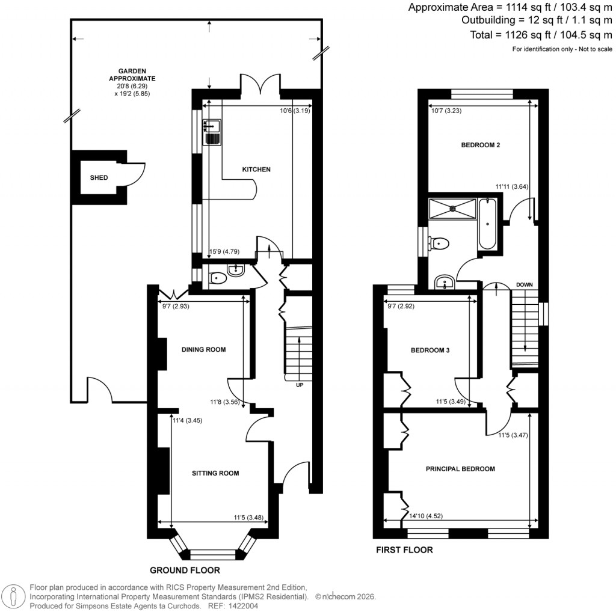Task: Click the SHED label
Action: [99, 178]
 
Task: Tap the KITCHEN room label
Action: [256, 170]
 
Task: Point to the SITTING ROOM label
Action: [215, 473]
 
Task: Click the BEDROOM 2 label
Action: [481, 145]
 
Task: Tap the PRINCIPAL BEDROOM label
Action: [460, 468]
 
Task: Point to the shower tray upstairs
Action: [452, 208]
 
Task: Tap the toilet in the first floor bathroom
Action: [439, 243]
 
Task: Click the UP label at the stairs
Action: [299, 385]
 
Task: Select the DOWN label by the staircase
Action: [523, 284]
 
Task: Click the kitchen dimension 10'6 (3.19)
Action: [294, 110]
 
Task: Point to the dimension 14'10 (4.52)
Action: [426, 515]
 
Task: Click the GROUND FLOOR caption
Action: [185, 570]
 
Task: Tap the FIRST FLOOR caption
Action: [404, 549]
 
